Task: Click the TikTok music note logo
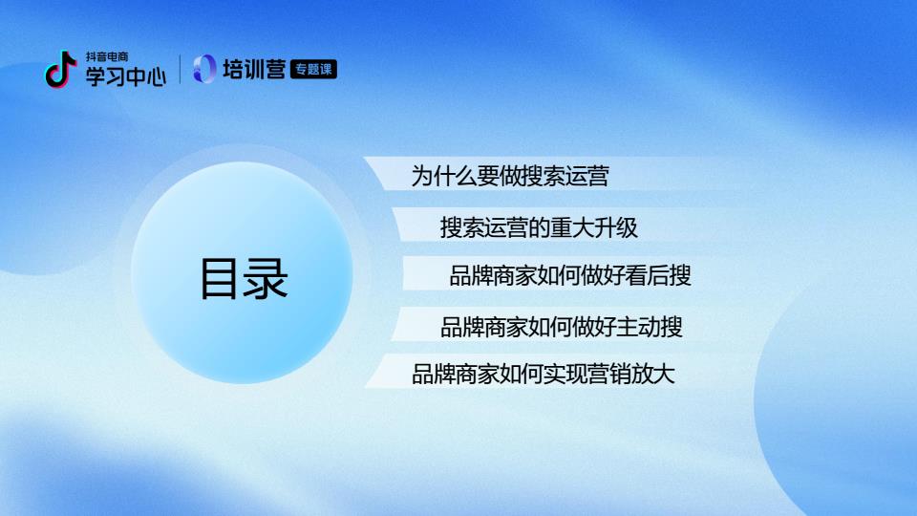(x=61, y=70)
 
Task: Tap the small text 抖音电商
(x=107, y=56)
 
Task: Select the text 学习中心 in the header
(x=126, y=76)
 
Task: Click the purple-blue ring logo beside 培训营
(x=204, y=69)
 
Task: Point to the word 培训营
(x=254, y=70)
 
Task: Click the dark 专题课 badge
(x=313, y=70)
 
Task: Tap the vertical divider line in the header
(x=180, y=69)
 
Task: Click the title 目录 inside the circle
(x=244, y=278)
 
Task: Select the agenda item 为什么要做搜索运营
(x=510, y=176)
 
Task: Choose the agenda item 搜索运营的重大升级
(x=539, y=227)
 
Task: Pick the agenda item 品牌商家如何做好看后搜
(x=570, y=275)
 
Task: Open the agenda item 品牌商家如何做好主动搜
(x=562, y=327)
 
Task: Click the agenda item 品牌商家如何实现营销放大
(x=544, y=375)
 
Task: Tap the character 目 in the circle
(x=221, y=278)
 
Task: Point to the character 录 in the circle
(x=267, y=278)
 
